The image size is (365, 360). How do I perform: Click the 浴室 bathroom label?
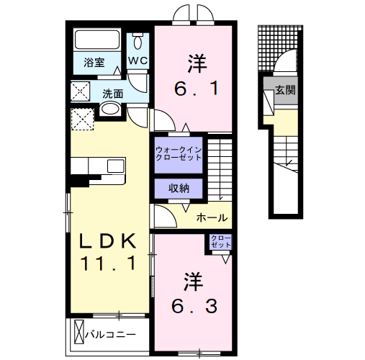[x=94, y=63]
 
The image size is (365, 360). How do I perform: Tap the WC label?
[x=138, y=61]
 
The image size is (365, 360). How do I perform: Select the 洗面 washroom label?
[x=112, y=94]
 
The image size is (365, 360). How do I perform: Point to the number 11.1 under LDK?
[x=107, y=264]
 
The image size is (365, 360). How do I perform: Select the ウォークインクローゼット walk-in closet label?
[x=179, y=153]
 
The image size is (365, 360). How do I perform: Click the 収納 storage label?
[x=179, y=189]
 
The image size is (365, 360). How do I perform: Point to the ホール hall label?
[x=212, y=217]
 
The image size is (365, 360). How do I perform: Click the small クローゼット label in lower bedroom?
[x=221, y=242]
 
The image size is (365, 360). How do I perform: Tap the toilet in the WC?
[x=138, y=40]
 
